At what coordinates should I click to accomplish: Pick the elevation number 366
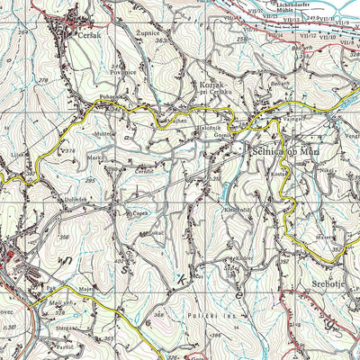point(64,237)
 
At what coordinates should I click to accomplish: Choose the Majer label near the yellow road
point(86,289)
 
